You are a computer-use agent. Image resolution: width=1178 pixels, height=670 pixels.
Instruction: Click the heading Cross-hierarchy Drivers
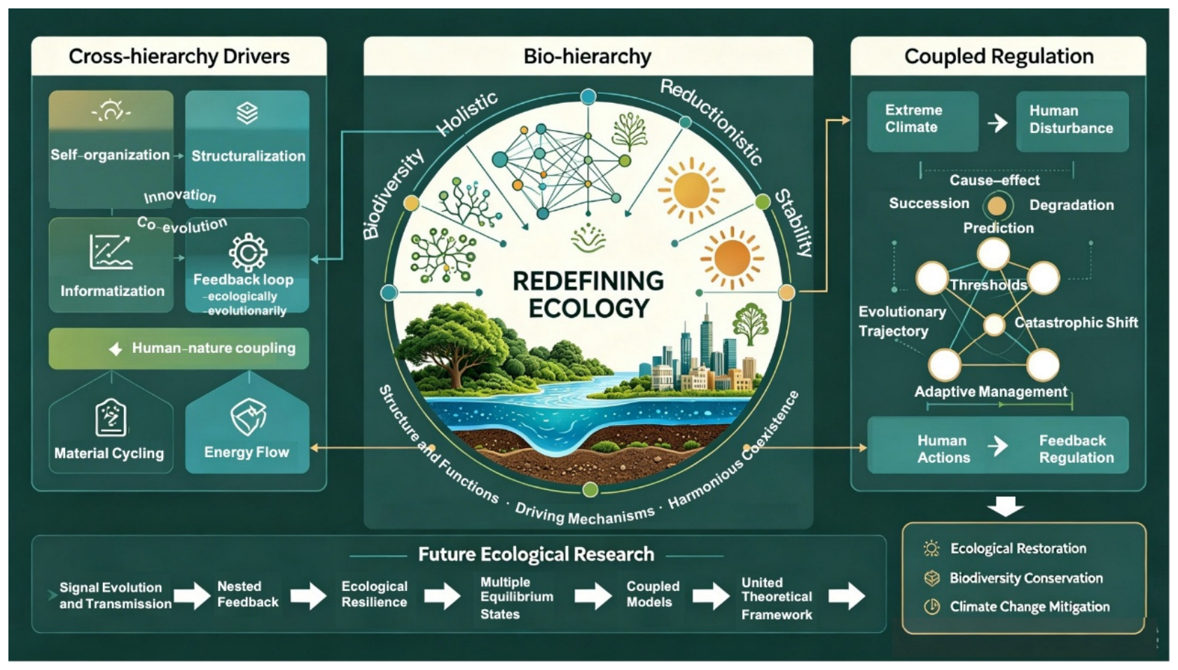click(x=179, y=56)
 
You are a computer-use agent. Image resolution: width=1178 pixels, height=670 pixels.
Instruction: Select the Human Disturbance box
click(x=1072, y=122)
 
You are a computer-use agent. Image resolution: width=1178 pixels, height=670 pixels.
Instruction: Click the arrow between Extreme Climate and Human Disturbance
click(x=997, y=123)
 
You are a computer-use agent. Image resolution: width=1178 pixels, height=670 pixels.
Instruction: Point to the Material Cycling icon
click(x=111, y=418)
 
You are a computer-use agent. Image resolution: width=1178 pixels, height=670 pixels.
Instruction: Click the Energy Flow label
click(x=247, y=452)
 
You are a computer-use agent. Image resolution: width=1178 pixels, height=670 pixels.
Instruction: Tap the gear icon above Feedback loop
click(x=248, y=253)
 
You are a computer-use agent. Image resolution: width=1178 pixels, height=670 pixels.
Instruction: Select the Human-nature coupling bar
click(x=179, y=348)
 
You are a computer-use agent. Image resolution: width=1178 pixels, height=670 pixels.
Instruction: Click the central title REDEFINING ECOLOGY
click(x=588, y=295)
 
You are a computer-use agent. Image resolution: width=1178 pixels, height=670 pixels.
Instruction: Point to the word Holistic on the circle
click(x=467, y=113)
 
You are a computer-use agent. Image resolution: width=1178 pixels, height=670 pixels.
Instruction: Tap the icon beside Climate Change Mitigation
click(x=932, y=607)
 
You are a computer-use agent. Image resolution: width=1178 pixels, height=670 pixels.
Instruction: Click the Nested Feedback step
click(x=248, y=594)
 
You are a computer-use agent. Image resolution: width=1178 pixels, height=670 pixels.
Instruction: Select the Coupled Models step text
click(x=653, y=594)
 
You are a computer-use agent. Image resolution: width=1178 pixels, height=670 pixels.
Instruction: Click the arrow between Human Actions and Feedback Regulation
click(x=997, y=446)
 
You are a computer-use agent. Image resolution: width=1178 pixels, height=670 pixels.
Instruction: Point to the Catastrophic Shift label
click(x=1076, y=322)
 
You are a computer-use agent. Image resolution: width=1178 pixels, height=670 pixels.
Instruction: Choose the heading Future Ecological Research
click(x=536, y=554)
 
